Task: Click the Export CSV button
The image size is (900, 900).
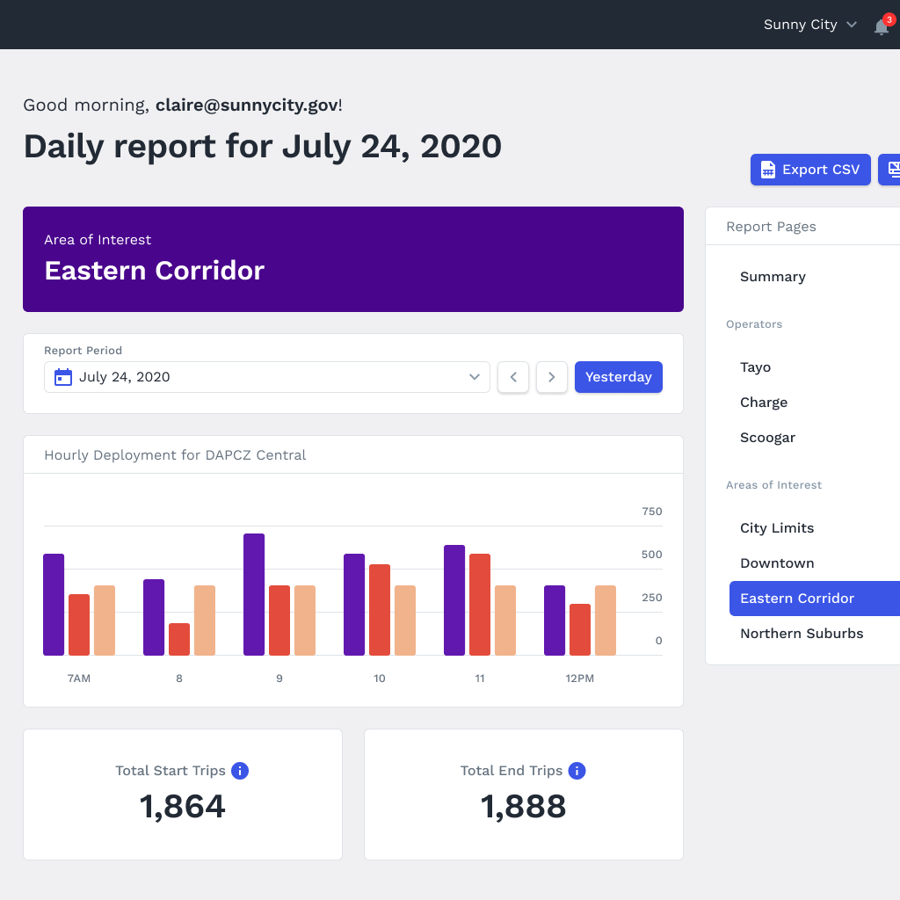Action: pos(809,170)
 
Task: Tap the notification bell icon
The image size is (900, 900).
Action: pos(881,26)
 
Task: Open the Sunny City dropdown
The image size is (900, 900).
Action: pos(809,25)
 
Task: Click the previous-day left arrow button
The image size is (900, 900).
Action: pos(513,377)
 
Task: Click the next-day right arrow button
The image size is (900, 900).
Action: pos(552,377)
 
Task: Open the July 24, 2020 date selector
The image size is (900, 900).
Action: pos(267,377)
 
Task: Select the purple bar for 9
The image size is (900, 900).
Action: pos(254,594)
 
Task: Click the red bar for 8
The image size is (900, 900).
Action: pos(179,639)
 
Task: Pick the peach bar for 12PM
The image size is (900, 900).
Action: pos(606,620)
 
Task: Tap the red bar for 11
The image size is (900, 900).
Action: pos(480,604)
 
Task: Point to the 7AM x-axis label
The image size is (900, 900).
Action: pos(79,679)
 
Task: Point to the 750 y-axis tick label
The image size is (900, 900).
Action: pos(651,512)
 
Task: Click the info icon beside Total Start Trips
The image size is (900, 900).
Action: pos(239,771)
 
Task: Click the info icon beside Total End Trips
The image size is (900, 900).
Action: pos(577,771)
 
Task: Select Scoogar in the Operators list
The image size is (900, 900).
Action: pos(767,438)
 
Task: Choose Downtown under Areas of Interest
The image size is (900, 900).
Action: pos(777,563)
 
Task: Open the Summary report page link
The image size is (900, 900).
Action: pos(773,277)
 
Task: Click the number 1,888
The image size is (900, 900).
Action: pos(523,806)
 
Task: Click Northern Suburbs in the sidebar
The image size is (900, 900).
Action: pos(802,634)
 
